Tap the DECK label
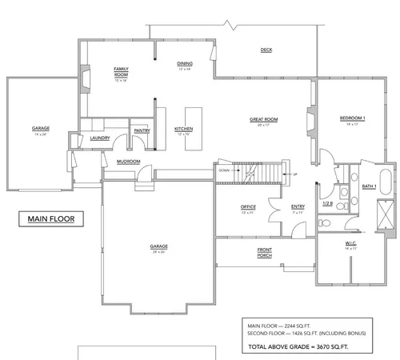pyautogui.click(x=266, y=50)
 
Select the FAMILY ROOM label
pyautogui.click(x=122, y=74)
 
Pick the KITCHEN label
pyautogui.click(x=184, y=129)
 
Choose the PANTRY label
pyautogui.click(x=142, y=130)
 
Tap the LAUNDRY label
pyautogui.click(x=99, y=137)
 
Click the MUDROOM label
pyautogui.click(x=128, y=162)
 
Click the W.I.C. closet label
pyautogui.click(x=351, y=244)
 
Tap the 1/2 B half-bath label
pyautogui.click(x=327, y=203)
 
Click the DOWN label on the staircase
pyautogui.click(x=225, y=170)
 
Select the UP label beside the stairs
pyautogui.click(x=294, y=174)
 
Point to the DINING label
pyautogui.click(x=185, y=65)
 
